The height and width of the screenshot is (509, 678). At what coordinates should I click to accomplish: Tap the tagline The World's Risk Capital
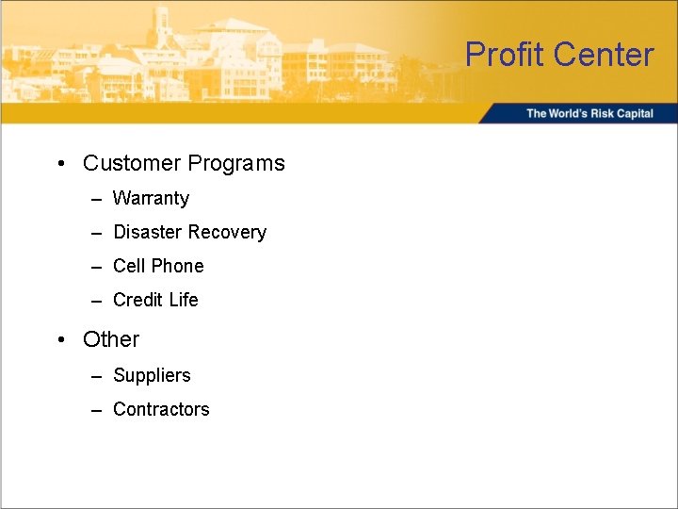[x=589, y=113]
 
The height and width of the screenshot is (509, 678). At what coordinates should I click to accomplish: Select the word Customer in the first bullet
[x=132, y=163]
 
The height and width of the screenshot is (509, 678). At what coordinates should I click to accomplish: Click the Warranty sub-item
[x=151, y=198]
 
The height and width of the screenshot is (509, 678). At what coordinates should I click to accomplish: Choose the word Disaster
[x=148, y=232]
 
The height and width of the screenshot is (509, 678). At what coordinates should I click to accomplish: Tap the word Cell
[x=129, y=266]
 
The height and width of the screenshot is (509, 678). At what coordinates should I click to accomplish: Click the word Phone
[x=178, y=266]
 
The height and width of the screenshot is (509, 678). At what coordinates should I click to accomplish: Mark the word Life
[x=184, y=300]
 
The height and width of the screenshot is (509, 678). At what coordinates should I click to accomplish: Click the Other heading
[x=111, y=339]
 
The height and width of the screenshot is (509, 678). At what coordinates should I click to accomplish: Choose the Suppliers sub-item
[x=152, y=375]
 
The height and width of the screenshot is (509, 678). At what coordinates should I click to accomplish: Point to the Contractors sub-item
[x=161, y=409]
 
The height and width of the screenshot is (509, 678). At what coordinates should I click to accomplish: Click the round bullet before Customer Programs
[x=60, y=164]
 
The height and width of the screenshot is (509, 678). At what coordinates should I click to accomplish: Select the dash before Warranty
[x=97, y=199]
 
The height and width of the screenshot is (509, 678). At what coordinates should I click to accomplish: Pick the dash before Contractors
[x=97, y=410]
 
